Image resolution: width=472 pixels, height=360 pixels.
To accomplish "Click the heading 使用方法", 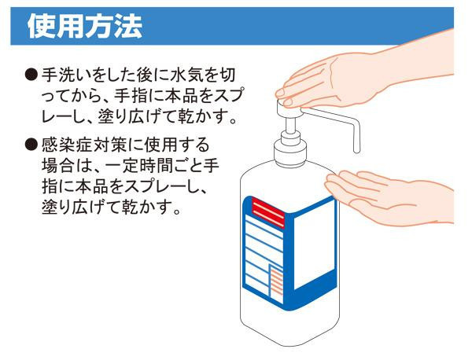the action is [x=85, y=27].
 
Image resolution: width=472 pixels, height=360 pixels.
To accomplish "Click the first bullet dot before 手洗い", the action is [x=31, y=75].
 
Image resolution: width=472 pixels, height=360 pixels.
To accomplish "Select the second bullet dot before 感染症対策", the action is [x=31, y=145].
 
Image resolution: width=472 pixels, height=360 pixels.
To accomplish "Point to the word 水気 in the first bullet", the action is [x=186, y=75].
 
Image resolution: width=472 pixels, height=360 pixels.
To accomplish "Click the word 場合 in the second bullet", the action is [x=57, y=166].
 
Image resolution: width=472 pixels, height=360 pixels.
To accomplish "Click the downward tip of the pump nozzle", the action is [x=356, y=150].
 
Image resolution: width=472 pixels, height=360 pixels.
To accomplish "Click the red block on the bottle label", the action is [x=268, y=212].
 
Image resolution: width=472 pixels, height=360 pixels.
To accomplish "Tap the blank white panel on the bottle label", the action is [x=314, y=244].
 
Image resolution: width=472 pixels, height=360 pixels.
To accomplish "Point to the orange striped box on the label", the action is [x=276, y=284].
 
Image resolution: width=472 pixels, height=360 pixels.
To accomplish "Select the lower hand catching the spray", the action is [x=389, y=199].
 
